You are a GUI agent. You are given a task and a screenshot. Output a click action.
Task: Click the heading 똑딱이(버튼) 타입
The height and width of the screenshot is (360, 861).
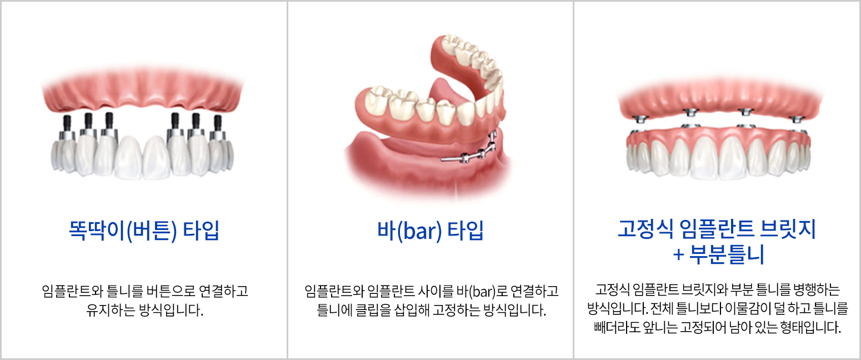144,231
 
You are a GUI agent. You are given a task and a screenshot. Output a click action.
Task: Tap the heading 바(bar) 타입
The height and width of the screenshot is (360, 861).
430,231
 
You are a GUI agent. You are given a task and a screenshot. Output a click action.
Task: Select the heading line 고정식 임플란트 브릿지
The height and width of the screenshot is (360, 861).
717,229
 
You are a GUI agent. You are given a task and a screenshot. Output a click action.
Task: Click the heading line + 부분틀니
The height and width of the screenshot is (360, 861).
718,254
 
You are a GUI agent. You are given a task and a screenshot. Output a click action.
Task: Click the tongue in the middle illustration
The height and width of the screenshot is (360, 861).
442,92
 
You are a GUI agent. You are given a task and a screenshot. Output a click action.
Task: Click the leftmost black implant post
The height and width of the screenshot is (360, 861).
67,123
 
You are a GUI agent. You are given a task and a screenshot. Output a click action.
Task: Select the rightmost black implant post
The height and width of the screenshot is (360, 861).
218,123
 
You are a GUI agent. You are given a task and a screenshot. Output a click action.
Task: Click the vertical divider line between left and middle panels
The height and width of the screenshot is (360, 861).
287,180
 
